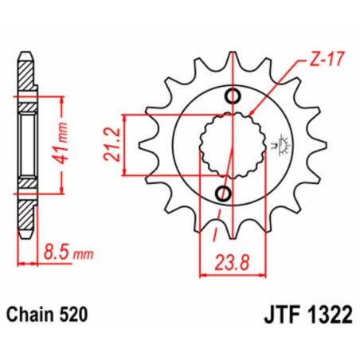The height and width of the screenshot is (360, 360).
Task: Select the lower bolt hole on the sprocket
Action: point(224,194)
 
